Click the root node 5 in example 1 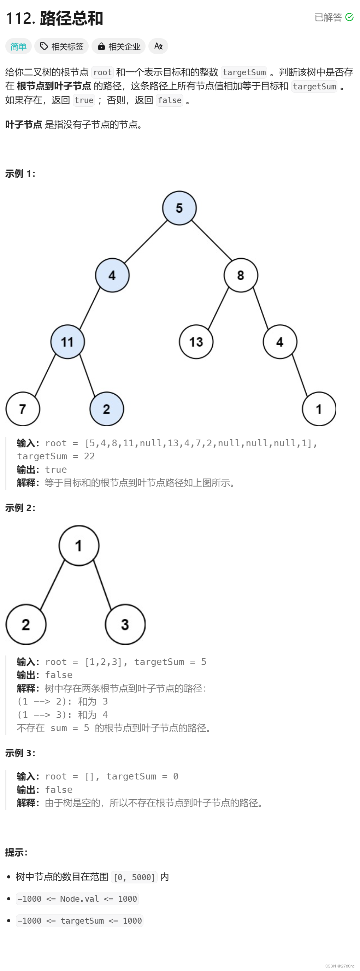[x=179, y=208]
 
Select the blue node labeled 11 [x=67, y=342]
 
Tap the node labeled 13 [x=196, y=342]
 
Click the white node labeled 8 [x=241, y=275]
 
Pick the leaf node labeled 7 [x=23, y=409]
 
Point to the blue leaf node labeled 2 [x=107, y=409]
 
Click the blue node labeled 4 [x=112, y=275]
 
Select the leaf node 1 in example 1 [x=319, y=409]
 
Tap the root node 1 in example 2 [x=79, y=546]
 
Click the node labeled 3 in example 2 [x=125, y=625]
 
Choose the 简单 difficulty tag [x=18, y=46]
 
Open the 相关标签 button [x=61, y=46]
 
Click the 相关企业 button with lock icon [x=118, y=46]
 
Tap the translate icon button [x=158, y=46]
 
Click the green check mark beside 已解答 [x=349, y=17]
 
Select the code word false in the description [x=170, y=101]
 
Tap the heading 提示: [x=16, y=852]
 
